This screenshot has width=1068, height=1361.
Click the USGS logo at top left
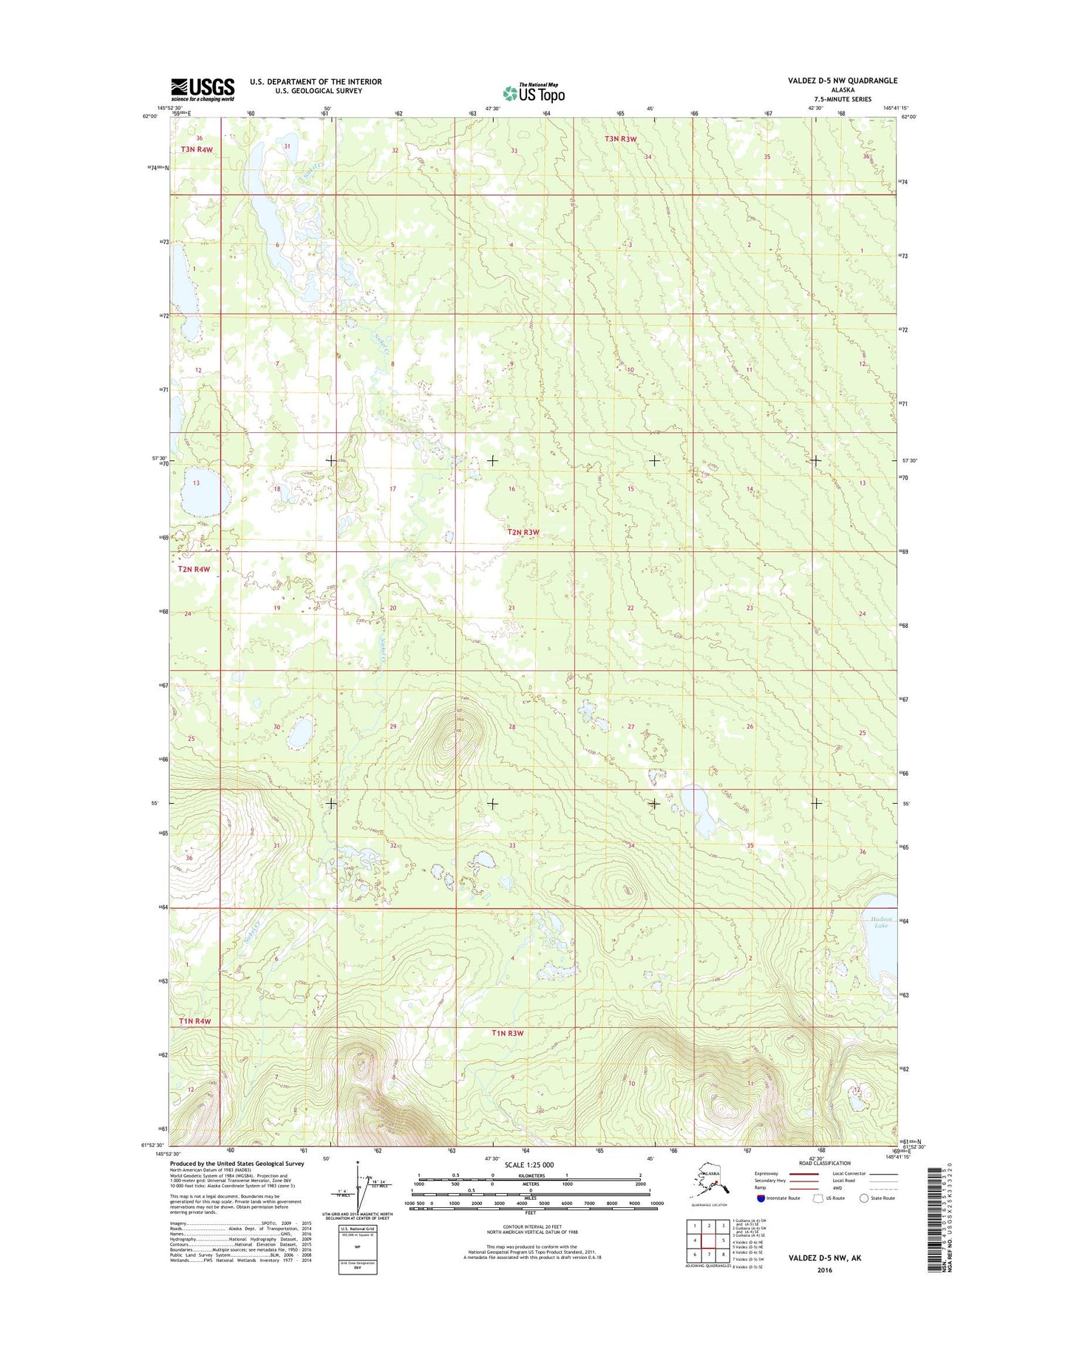point(203,89)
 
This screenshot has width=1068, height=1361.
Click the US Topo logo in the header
point(534,92)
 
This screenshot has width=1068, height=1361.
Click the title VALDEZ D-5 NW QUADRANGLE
point(843,81)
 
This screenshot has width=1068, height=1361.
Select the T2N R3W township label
point(523,532)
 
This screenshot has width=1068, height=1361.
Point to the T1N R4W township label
point(194,1021)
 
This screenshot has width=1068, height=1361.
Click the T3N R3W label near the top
point(620,139)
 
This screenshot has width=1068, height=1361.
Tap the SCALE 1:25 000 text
point(528,1165)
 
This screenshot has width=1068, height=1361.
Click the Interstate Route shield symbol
point(761,1198)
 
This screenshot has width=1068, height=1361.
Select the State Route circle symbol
point(864,1198)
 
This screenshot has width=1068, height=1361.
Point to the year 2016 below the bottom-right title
point(824,1270)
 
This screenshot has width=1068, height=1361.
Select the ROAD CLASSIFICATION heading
point(824,1163)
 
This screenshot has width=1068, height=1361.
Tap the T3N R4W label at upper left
point(197,149)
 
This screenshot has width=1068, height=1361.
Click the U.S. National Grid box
point(357,1249)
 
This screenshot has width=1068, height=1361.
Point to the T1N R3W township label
point(507,1033)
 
